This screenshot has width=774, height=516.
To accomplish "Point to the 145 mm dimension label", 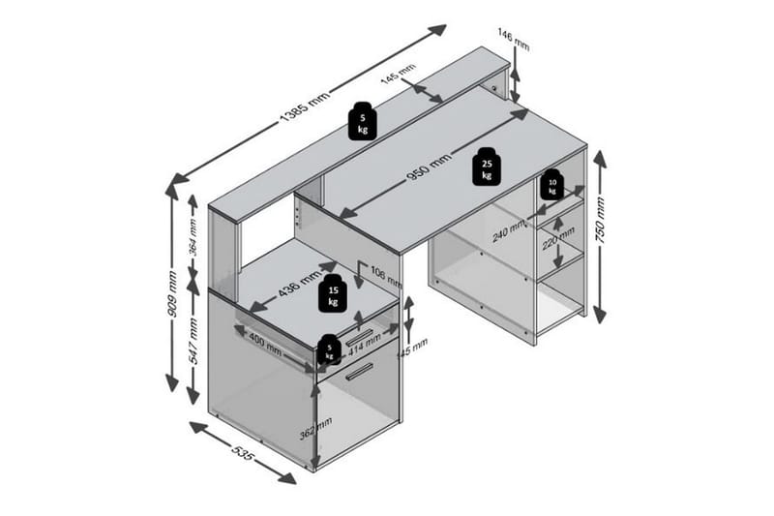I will [x=398, y=75].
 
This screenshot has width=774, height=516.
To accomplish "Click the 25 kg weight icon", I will [x=486, y=169].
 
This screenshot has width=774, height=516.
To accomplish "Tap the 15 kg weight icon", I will [x=334, y=294].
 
